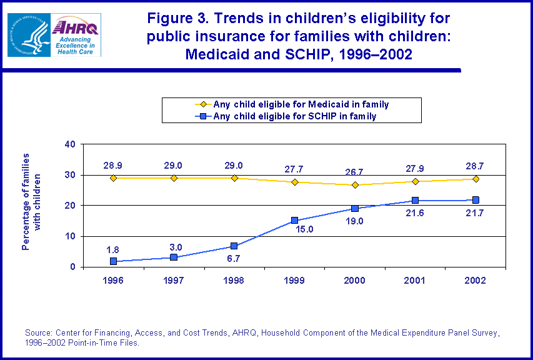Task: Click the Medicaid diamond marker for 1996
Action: pyautogui.click(x=114, y=178)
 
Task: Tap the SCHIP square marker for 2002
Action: pyautogui.click(x=476, y=200)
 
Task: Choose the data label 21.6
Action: pyautogui.click(x=415, y=214)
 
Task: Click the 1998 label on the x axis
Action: pyautogui.click(x=234, y=281)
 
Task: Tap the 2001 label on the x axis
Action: pyautogui.click(x=416, y=281)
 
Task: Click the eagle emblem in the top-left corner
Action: pyautogui.click(x=27, y=35)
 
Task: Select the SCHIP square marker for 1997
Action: pyautogui.click(x=174, y=257)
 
